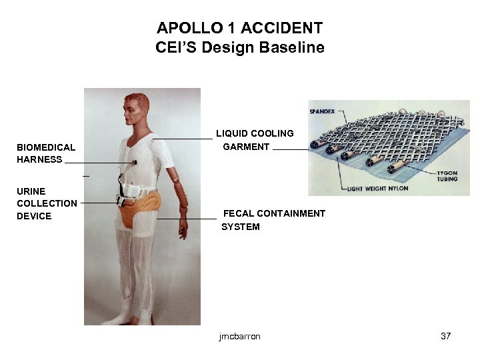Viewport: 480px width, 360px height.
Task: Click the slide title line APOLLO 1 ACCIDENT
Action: click(x=239, y=29)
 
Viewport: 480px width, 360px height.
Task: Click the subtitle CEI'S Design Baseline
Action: click(x=239, y=48)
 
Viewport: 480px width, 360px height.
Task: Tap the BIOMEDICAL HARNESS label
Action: click(x=46, y=153)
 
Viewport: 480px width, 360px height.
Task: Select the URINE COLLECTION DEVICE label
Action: click(x=47, y=203)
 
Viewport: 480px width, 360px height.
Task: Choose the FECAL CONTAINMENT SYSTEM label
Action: click(x=273, y=220)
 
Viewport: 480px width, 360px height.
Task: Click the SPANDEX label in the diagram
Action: click(x=322, y=111)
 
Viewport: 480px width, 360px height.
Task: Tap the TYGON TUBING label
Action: click(x=447, y=175)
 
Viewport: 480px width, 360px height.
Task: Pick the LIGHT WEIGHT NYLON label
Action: click(x=377, y=189)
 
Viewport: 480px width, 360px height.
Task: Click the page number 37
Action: click(x=446, y=336)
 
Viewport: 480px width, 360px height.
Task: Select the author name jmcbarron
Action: click(x=239, y=336)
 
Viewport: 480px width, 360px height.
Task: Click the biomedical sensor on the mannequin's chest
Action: click(x=135, y=162)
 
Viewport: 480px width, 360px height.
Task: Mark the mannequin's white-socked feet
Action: click(x=137, y=319)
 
